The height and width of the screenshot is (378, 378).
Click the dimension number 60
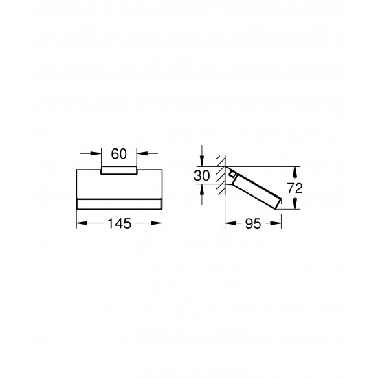point(118,153)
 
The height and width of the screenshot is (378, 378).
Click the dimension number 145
point(118,223)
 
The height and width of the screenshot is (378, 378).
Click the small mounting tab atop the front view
point(118,170)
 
